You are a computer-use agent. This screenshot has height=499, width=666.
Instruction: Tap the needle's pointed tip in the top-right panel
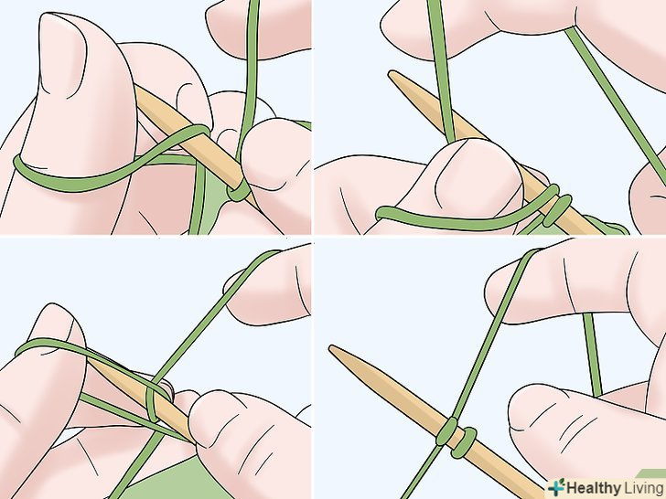(x=391, y=73)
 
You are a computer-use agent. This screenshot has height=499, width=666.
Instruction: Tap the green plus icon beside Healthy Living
(x=556, y=487)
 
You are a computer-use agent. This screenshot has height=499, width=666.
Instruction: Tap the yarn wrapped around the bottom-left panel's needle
(x=158, y=401)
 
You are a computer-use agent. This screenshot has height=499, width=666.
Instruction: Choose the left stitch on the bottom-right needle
(x=446, y=432)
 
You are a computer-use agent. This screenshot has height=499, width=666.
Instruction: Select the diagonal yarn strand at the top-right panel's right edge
(x=616, y=101)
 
